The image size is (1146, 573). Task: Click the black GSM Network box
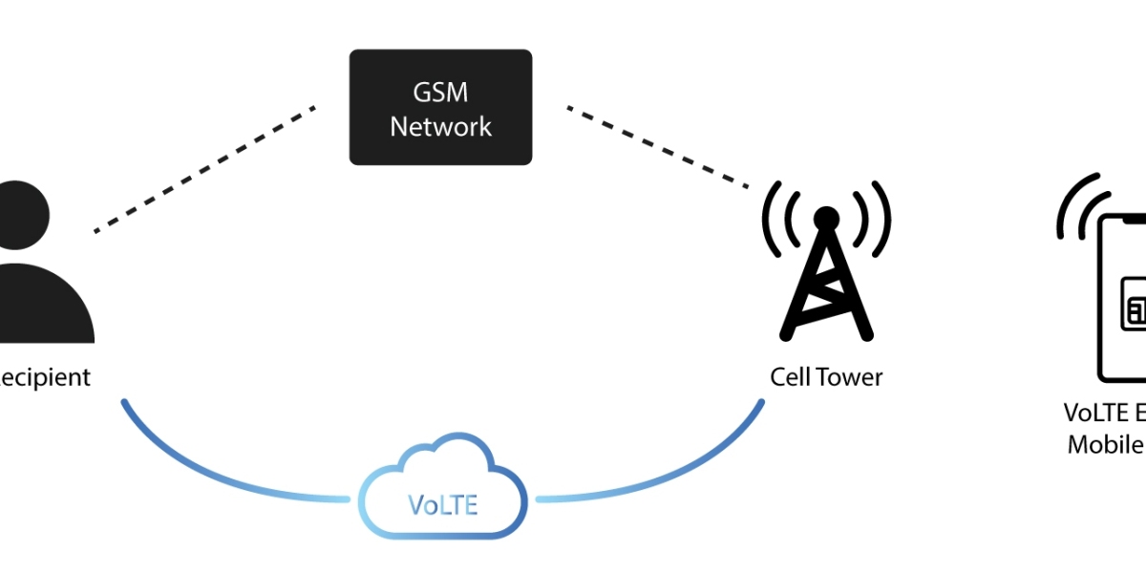tap(440, 107)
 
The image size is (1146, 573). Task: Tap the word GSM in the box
tap(441, 93)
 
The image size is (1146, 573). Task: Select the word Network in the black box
tap(441, 126)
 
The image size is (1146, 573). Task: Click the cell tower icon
tap(826, 277)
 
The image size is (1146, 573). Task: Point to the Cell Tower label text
tap(826, 376)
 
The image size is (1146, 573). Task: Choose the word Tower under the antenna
tap(852, 376)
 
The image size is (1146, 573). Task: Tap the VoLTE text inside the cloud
tap(443, 503)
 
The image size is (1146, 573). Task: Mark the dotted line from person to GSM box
tap(204, 169)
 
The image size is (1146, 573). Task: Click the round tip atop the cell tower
tap(826, 217)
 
